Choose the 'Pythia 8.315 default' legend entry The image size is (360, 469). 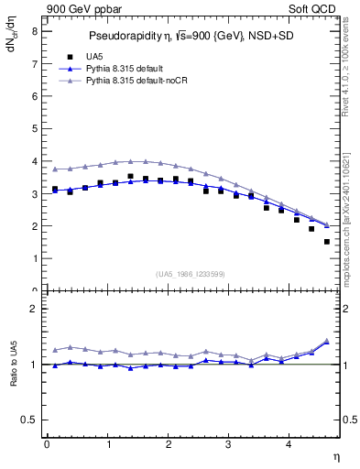[115, 69]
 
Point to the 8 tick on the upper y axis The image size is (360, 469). [34, 30]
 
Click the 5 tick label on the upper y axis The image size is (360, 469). [34, 128]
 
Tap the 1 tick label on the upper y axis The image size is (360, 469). [34, 258]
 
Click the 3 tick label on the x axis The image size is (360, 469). [229, 444]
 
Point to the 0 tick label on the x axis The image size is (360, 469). [47, 444]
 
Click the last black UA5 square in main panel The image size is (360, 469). [326, 242]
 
